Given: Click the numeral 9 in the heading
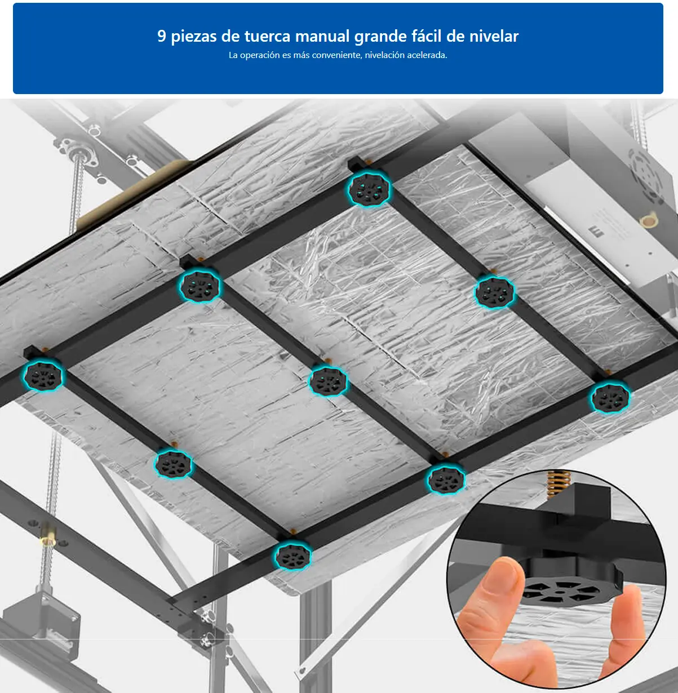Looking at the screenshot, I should click(x=162, y=37).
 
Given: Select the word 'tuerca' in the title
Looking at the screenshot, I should click(x=267, y=37).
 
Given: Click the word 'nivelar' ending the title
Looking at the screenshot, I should click(x=494, y=37).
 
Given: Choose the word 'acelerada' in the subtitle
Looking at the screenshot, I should click(x=427, y=55).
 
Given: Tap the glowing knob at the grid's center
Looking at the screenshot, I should click(x=328, y=381).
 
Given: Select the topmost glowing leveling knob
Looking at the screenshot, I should click(x=369, y=189).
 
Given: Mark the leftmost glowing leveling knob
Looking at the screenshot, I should click(x=43, y=376).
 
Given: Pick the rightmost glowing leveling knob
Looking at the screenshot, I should click(x=610, y=398).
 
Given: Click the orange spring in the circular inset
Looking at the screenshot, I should click(x=556, y=485).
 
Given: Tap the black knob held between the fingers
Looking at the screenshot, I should click(x=569, y=586).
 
